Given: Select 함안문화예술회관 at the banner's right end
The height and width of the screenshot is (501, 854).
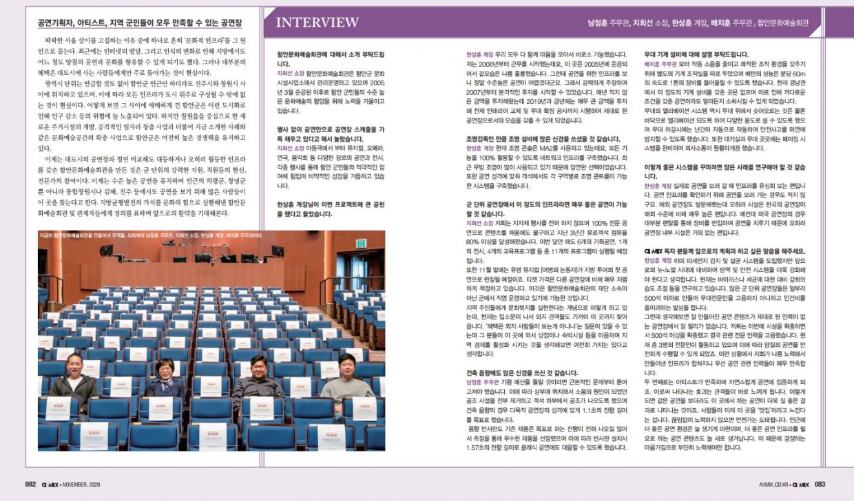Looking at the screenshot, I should pyautogui.click(x=783, y=23).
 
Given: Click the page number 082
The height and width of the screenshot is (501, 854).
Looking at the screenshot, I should pyautogui.click(x=30, y=484).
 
